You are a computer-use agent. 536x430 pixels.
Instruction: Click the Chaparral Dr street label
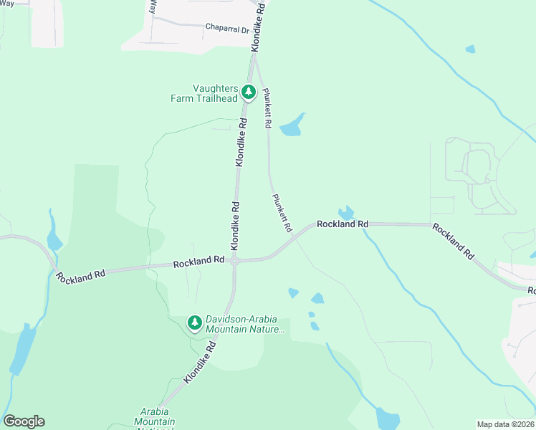point(226,29)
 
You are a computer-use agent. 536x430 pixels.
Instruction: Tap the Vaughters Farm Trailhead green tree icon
point(249,92)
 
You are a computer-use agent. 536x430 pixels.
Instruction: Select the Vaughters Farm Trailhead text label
point(204,92)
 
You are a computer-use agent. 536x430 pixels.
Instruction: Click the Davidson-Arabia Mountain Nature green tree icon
point(194,323)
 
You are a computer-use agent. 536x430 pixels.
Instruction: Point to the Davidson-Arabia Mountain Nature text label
point(245,325)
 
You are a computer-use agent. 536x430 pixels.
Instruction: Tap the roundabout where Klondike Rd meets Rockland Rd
point(234,262)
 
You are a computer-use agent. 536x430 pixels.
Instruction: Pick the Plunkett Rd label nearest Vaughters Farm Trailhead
point(267,107)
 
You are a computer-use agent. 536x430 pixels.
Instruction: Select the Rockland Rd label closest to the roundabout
point(198,262)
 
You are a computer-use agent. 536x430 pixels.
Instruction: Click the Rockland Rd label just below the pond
point(343,224)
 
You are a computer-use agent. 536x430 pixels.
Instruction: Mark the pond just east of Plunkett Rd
point(292,127)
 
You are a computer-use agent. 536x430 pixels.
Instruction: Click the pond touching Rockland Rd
point(346,213)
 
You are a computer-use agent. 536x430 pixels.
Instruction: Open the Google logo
point(24,421)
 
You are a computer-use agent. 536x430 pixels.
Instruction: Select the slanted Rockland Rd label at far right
point(453,242)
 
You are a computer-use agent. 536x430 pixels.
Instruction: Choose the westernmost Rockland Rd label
point(81,274)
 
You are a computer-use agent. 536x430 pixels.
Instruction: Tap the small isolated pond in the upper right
point(470,49)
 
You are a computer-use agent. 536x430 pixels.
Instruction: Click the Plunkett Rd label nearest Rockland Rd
point(282,213)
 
